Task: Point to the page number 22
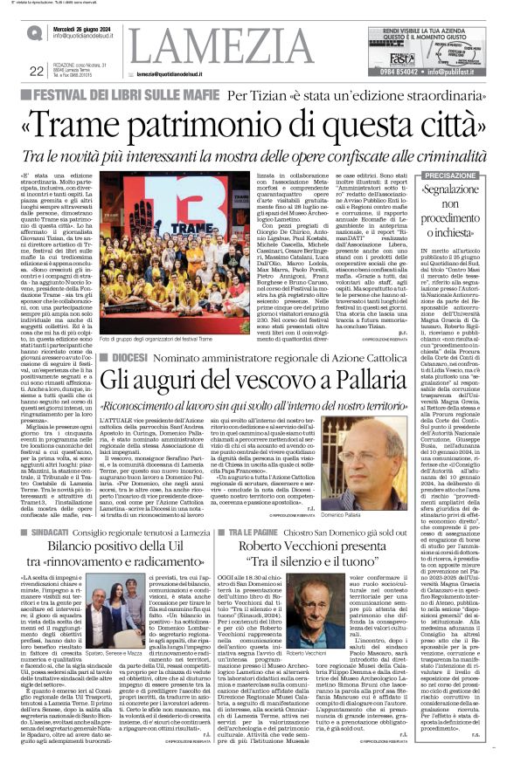point(36,71)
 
